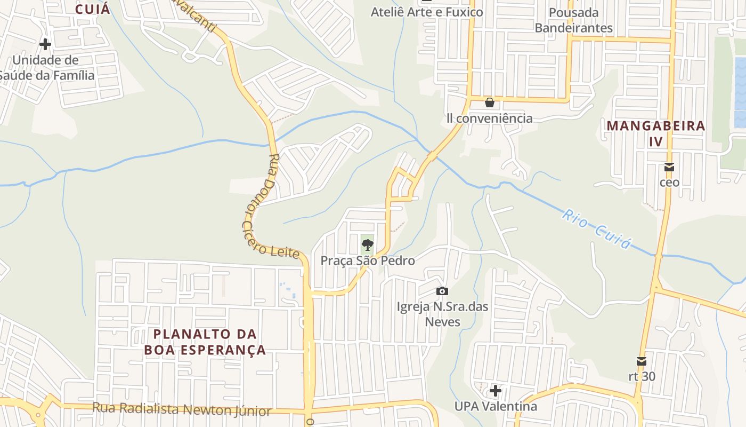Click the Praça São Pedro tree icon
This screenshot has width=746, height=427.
point(367,246)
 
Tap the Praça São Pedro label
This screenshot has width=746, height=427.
point(367,260)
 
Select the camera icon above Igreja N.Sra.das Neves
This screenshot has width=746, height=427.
point(442,291)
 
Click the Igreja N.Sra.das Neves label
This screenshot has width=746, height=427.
point(442,314)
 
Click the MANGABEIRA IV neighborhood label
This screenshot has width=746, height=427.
point(656,133)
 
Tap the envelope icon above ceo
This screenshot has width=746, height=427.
point(669,167)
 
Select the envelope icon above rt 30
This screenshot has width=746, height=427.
point(642,361)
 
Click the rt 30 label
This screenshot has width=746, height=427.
point(642,376)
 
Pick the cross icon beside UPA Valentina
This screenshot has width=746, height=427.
point(496,391)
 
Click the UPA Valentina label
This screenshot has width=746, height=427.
point(496,406)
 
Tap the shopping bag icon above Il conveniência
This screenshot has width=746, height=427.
point(489,102)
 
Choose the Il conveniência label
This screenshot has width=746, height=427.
point(489,118)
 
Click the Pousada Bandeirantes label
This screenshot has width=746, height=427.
point(573,20)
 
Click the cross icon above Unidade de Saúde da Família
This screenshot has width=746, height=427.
point(45,44)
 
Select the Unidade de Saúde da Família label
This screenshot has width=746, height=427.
point(46,68)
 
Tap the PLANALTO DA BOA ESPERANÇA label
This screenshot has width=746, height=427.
point(205,342)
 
